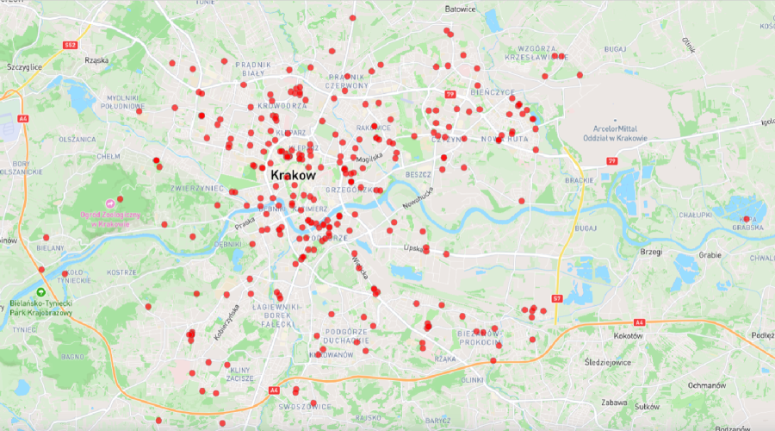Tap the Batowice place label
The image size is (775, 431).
pyautogui.click(x=461, y=9)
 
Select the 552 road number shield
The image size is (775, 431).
pyautogui.click(x=70, y=44)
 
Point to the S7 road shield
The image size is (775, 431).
pyautogui.click(x=557, y=297)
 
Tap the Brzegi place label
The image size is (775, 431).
pyautogui.click(x=652, y=252)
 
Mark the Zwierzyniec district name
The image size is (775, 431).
pyautogui.click(x=197, y=187)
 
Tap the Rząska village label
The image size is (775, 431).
pyautogui.click(x=97, y=60)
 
